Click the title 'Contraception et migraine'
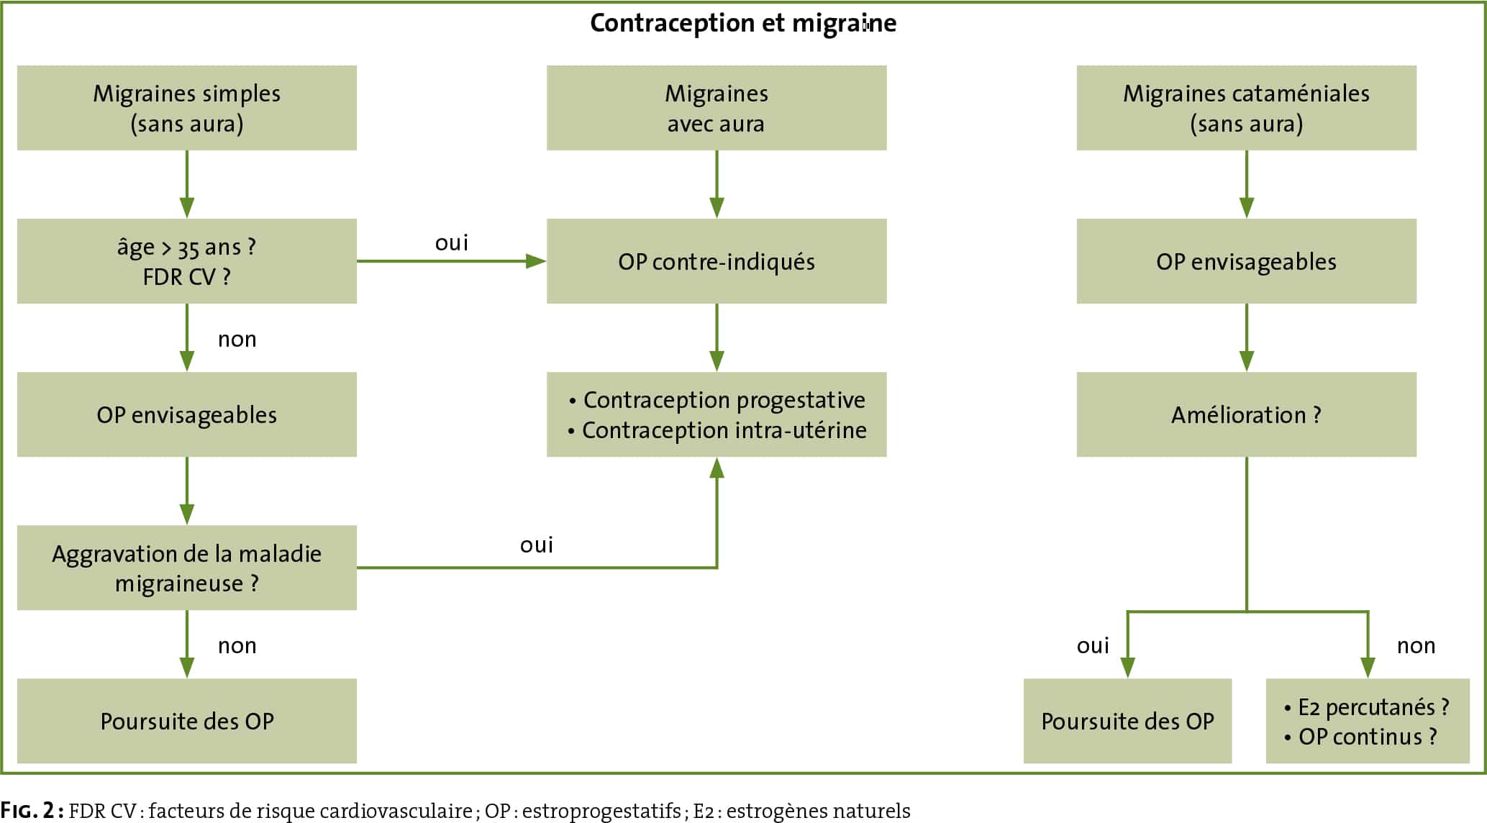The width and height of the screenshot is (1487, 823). click(743, 23)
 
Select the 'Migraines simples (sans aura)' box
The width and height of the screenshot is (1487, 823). click(187, 108)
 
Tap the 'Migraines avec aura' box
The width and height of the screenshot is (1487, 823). click(717, 108)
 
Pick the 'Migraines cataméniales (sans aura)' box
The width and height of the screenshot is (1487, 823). click(1247, 108)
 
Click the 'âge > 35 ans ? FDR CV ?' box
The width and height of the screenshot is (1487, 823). click(187, 261)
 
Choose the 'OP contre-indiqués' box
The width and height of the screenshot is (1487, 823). click(717, 261)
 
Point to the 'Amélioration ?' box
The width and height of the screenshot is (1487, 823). click(1247, 414)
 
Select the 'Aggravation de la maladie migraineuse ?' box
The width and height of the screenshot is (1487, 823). click(187, 568)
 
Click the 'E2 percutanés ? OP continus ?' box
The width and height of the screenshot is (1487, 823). click(1368, 721)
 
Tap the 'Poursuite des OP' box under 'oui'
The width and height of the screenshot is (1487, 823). click(1128, 721)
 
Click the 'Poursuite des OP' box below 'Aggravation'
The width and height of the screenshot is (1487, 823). click(187, 721)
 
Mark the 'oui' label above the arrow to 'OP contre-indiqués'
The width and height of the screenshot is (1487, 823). click(452, 243)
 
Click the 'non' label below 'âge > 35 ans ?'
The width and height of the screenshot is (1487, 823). click(237, 339)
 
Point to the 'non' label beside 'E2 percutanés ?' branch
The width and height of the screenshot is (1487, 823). click(1416, 646)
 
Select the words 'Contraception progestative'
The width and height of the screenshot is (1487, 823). click(724, 400)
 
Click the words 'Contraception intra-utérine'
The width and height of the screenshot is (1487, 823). click(724, 430)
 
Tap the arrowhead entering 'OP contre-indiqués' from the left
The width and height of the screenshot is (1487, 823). click(537, 261)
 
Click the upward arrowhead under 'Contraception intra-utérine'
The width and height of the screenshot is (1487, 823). click(717, 468)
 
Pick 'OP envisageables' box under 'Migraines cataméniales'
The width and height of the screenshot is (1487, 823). click(1247, 261)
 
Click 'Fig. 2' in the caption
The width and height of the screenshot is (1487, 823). click(28, 811)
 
